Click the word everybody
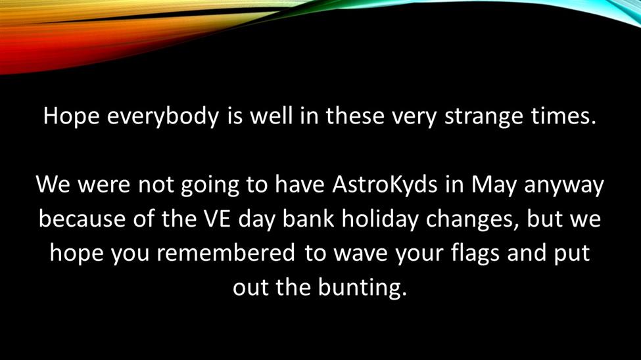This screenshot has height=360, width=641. point(163,117)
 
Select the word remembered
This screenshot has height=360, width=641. point(226,253)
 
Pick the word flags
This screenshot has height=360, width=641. point(475,254)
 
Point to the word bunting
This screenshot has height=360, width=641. point(363,288)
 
